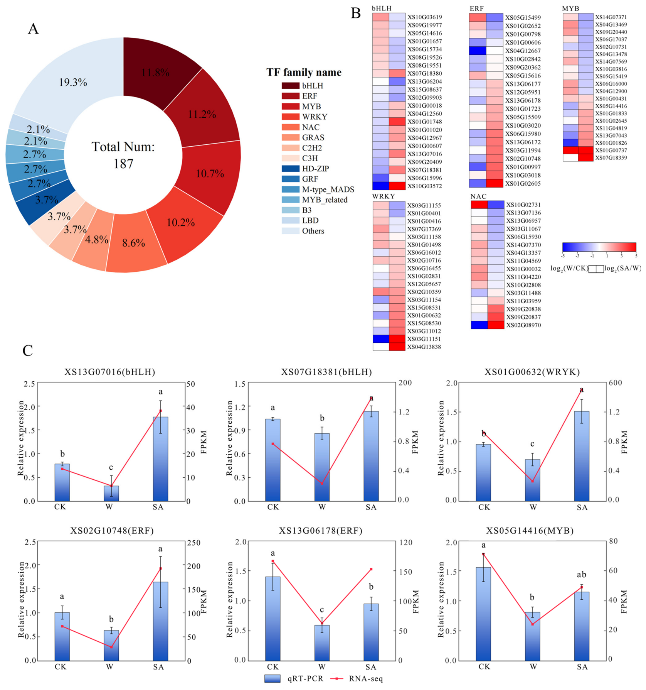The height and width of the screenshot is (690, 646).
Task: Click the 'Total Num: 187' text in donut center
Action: click(x=123, y=155)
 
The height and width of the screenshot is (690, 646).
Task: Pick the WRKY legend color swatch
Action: click(x=291, y=117)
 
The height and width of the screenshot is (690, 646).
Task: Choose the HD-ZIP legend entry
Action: click(x=305, y=169)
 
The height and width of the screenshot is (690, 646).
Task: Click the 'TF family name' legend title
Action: click(x=304, y=73)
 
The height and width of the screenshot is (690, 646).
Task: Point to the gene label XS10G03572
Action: click(x=424, y=186)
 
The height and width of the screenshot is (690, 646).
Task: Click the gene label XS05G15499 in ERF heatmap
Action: click(x=523, y=17)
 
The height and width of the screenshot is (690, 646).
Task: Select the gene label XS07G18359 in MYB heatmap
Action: click(x=611, y=157)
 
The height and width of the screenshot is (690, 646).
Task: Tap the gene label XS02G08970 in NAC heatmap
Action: click(x=523, y=325)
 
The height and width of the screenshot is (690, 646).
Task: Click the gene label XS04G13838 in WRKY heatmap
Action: click(x=424, y=347)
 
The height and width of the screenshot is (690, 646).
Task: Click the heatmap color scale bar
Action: click(x=599, y=247)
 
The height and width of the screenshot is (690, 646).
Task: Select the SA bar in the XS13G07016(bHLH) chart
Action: click(x=160, y=459)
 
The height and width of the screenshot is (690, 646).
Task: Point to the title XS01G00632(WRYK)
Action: click(x=532, y=372)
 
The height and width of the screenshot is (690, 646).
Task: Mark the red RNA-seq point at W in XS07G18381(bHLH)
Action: click(x=322, y=484)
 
